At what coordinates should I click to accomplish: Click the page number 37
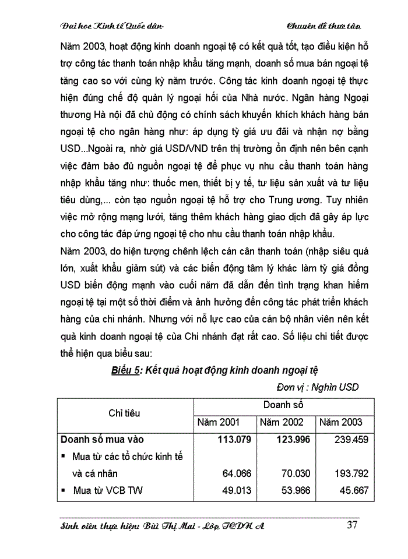352,525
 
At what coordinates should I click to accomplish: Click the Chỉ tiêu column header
124,413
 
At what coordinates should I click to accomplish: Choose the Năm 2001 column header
219,422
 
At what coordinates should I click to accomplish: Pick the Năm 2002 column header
282,422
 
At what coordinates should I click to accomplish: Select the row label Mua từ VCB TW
108,490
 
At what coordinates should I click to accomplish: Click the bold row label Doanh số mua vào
102,440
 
